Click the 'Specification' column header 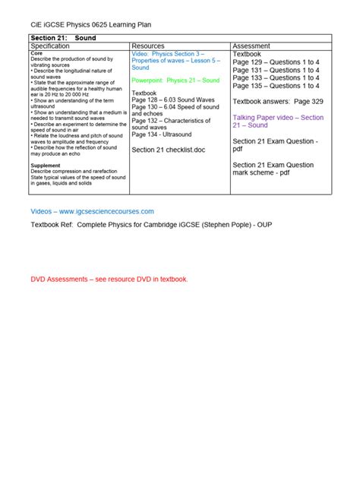click(59, 46)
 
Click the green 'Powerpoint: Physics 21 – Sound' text click(175, 80)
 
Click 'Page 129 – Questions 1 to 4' click(276, 62)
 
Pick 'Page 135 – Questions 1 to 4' click(276, 86)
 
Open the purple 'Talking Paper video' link click(278, 121)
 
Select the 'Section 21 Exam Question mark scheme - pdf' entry click(273, 169)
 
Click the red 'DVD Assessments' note click(109, 279)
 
